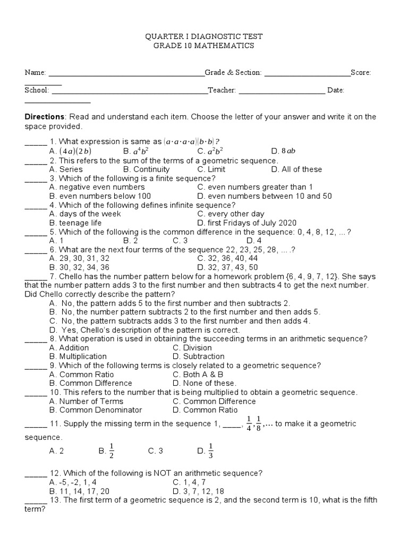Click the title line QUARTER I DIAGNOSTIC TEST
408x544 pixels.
pos(204,36)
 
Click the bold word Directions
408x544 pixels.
pos(44,117)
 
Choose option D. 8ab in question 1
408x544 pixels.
pos(283,151)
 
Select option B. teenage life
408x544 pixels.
pos(75,223)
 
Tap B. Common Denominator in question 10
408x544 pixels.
pos(95,410)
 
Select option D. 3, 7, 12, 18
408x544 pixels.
pos(198,491)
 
